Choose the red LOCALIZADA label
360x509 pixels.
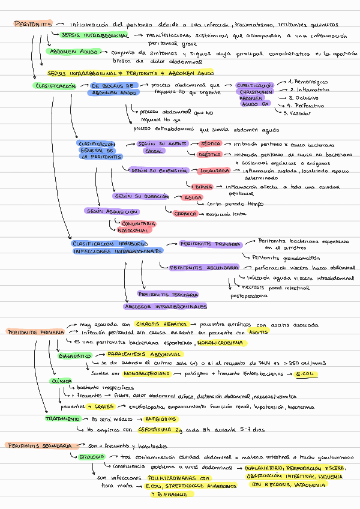pyautogui.click(x=215, y=170)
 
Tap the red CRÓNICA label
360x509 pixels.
pyautogui.click(x=184, y=213)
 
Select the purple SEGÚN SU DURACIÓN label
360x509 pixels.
pyautogui.click(x=141, y=196)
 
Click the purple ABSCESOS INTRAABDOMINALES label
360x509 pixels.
pyautogui.click(x=164, y=306)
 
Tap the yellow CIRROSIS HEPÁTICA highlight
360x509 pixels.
pyautogui.click(x=161, y=325)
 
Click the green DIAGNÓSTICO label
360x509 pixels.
pyautogui.click(x=75, y=355)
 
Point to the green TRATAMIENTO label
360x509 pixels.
pyautogui.click(x=63, y=418)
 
